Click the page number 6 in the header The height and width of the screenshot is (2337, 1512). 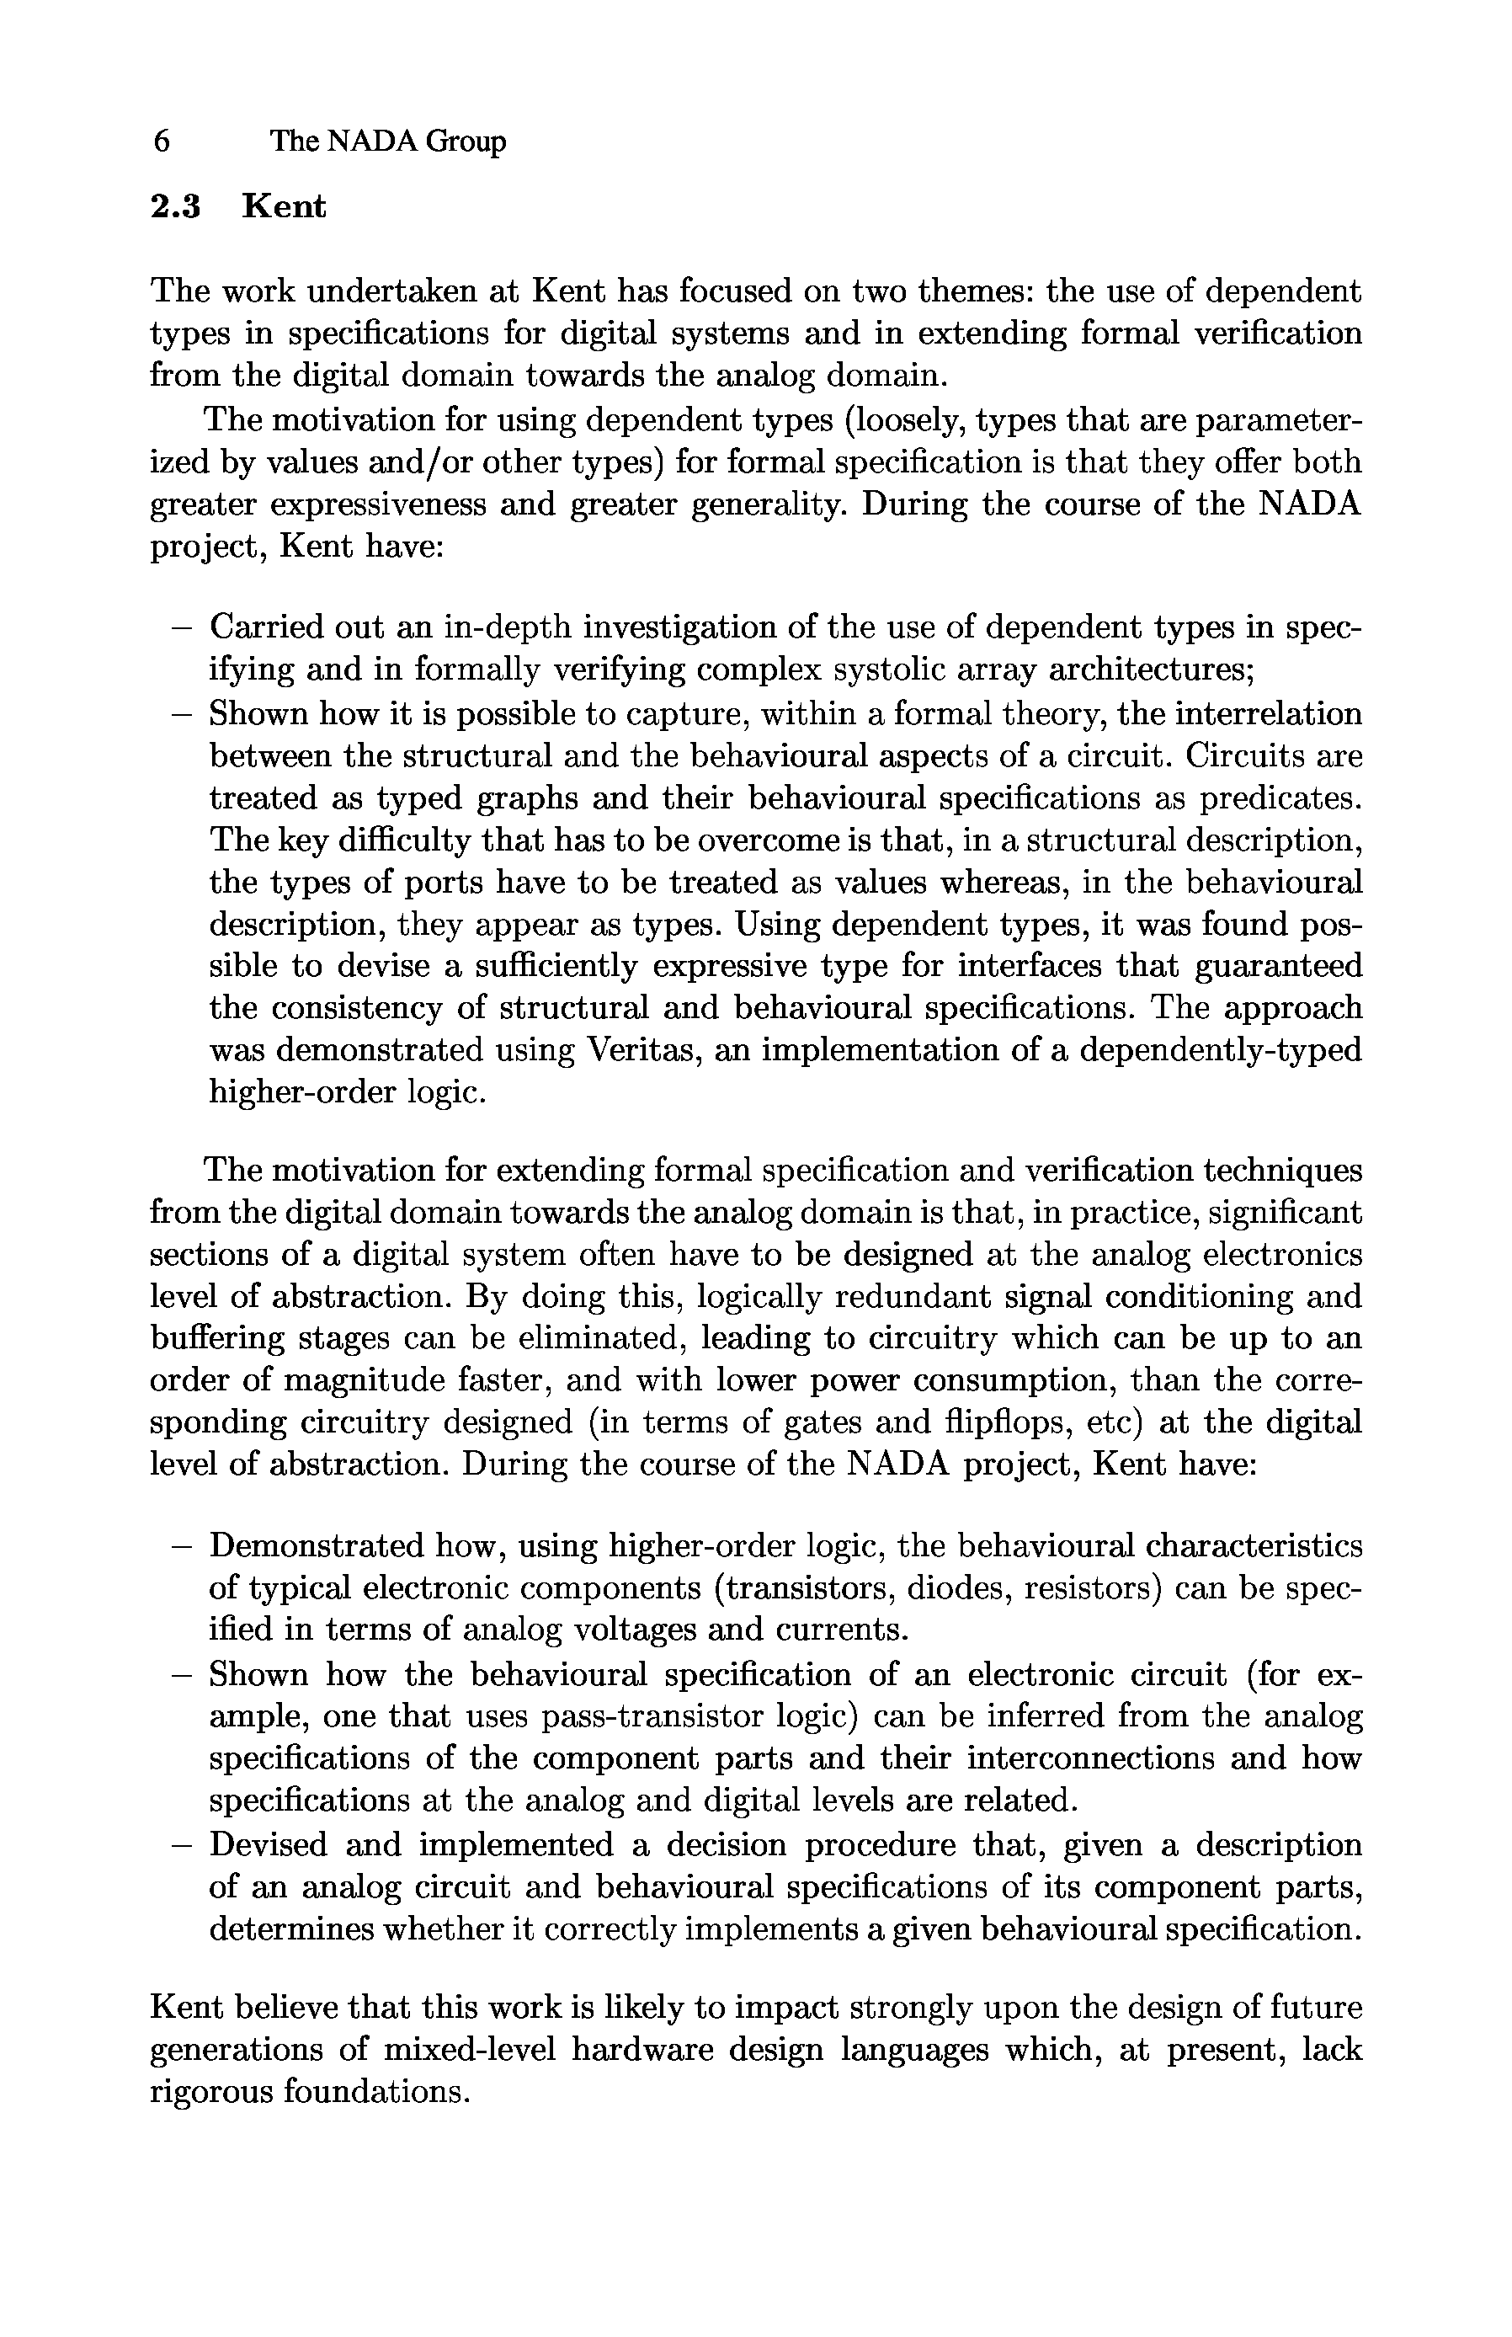[162, 141]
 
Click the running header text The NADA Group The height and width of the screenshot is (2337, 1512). [388, 141]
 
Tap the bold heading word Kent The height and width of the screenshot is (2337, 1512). [284, 207]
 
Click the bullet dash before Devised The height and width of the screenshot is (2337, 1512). [179, 1845]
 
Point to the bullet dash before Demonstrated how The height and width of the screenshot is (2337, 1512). [179, 1546]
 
